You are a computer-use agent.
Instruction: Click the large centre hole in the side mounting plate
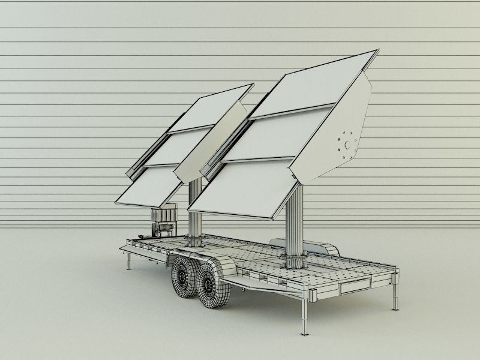pyautogui.click(x=347, y=145)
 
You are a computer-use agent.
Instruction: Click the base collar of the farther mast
pyautogui.click(x=195, y=241)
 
